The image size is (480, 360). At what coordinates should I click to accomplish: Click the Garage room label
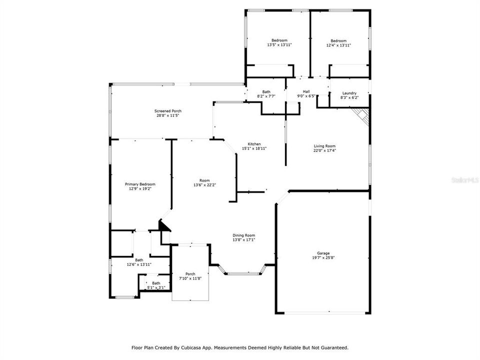pos(323,253)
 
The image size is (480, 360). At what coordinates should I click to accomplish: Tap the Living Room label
pos(324,146)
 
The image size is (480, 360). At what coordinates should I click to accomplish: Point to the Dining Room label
pos(244,235)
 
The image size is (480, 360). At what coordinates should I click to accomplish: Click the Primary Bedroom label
pos(140,184)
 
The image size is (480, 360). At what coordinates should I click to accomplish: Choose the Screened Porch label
pos(167,110)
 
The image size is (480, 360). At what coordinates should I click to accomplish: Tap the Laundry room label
pos(349,93)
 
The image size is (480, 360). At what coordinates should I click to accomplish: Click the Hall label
pos(306,91)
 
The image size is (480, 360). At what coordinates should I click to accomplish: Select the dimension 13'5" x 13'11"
pos(279,45)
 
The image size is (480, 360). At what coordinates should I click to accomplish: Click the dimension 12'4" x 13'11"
pos(338,45)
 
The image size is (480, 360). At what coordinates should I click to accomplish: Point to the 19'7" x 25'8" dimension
pos(323,258)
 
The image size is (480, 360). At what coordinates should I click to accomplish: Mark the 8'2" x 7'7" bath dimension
pos(266,96)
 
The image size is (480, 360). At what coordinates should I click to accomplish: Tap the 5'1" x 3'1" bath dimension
pos(156,287)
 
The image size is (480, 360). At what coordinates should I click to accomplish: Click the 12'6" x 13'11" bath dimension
pos(138,264)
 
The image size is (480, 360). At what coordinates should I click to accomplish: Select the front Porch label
pos(190,273)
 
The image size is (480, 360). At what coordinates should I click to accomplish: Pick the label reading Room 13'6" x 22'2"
pos(204,182)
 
